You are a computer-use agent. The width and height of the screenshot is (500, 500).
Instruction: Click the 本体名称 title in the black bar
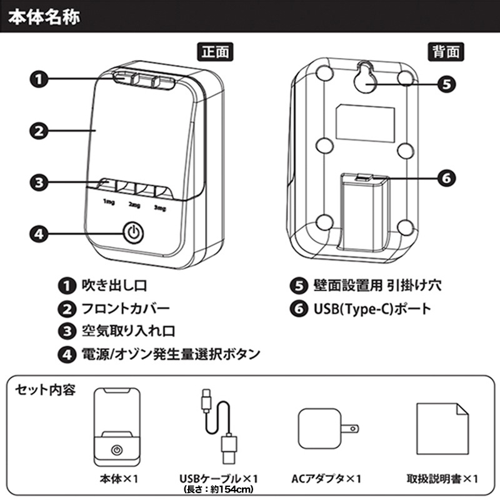coord(43,15)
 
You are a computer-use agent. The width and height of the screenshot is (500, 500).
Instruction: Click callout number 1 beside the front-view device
coord(39,79)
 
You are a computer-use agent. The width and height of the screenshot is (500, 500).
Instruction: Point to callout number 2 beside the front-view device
coord(39,131)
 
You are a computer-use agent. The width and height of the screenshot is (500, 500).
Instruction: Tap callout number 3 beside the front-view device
coord(39,182)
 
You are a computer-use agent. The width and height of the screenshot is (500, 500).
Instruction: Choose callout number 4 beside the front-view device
coord(39,234)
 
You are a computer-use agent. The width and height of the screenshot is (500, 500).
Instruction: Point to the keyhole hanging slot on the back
coord(365,77)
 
